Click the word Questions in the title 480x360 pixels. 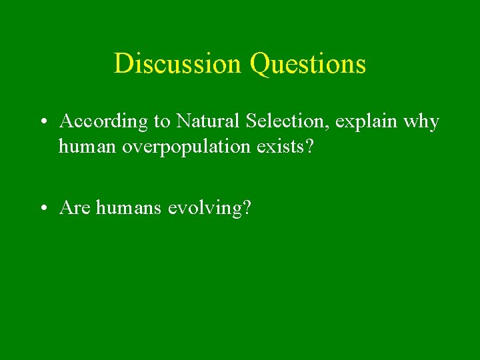[307, 64]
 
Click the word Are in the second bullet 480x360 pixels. [75, 208]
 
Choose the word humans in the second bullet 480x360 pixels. [129, 209]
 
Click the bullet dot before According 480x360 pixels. [42, 123]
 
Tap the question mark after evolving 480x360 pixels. [247, 208]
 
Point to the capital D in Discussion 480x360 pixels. [122, 64]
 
